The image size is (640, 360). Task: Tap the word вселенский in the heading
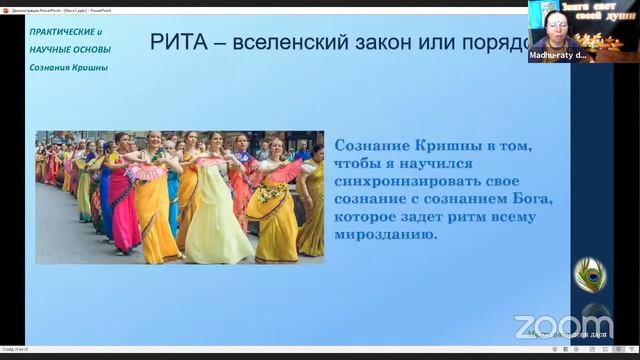tap(294, 43)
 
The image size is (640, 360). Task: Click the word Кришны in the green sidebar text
tap(88, 68)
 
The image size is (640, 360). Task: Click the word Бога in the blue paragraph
tap(532, 200)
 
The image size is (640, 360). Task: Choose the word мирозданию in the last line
tap(386, 236)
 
